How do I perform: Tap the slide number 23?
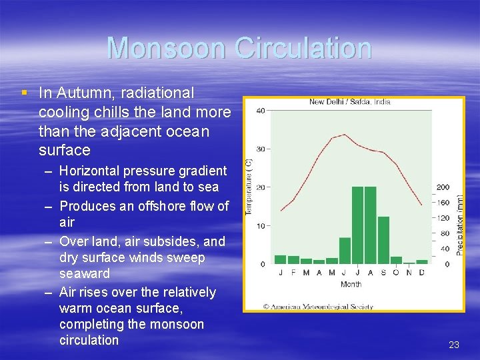pyautogui.click(x=454, y=345)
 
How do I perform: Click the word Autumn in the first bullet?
pyautogui.click(x=79, y=93)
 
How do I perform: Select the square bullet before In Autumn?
pyautogui.click(x=25, y=92)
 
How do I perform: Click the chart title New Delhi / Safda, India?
pyautogui.click(x=350, y=102)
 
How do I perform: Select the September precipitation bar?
pyautogui.click(x=383, y=239)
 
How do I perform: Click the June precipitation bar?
pyautogui.click(x=345, y=250)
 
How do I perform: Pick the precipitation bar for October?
pyautogui.click(x=396, y=260)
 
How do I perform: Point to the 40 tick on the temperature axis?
pyautogui.click(x=261, y=111)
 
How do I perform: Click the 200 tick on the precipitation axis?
pyautogui.click(x=443, y=187)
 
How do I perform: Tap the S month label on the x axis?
pyautogui.click(x=383, y=273)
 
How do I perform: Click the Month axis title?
pyautogui.click(x=351, y=284)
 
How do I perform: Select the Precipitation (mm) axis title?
pyautogui.click(x=460, y=220)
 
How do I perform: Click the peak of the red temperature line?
pyautogui.click(x=344, y=135)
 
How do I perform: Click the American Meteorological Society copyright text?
pyautogui.click(x=318, y=307)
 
